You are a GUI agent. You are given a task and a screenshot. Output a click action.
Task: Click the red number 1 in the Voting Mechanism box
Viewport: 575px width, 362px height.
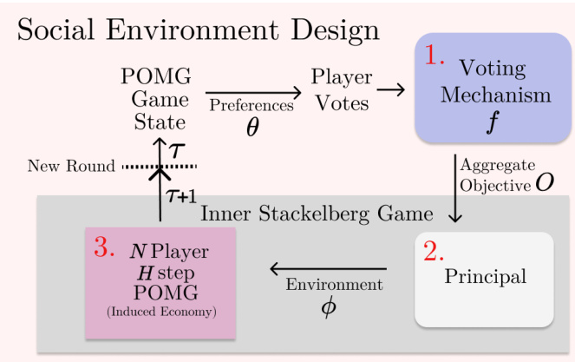click(435, 57)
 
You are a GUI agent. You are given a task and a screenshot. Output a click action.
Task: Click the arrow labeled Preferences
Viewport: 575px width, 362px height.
click(251, 90)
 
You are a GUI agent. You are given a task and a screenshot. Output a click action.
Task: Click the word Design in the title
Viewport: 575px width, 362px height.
click(333, 31)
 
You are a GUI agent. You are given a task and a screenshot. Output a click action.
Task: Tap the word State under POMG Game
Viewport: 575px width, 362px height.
click(160, 121)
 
